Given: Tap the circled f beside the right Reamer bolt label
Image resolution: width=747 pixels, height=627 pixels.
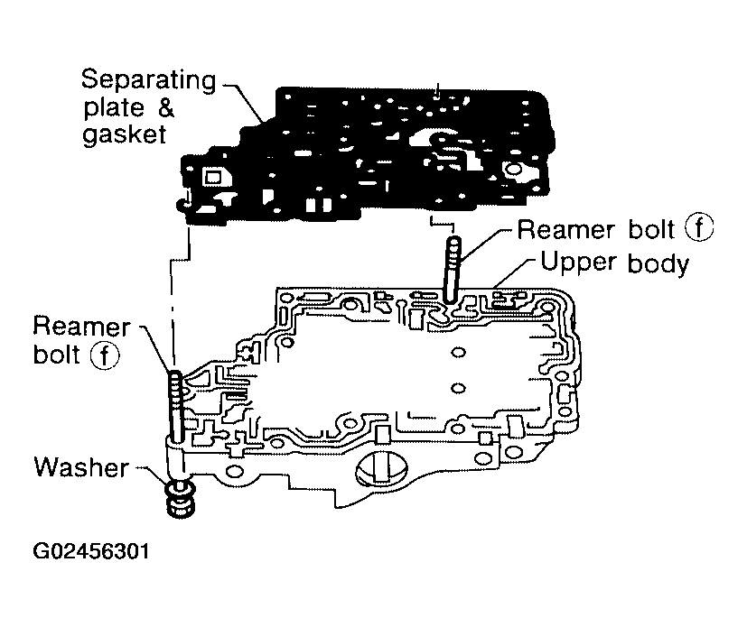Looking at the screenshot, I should click(698, 229).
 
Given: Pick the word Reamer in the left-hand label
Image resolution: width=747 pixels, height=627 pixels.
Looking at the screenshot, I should click(81, 326).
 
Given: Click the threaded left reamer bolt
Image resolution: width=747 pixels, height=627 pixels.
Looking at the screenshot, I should click(176, 406).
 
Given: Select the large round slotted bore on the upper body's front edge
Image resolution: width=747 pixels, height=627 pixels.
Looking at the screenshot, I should click(379, 470).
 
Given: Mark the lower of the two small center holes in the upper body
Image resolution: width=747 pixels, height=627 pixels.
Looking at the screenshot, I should click(458, 388).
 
